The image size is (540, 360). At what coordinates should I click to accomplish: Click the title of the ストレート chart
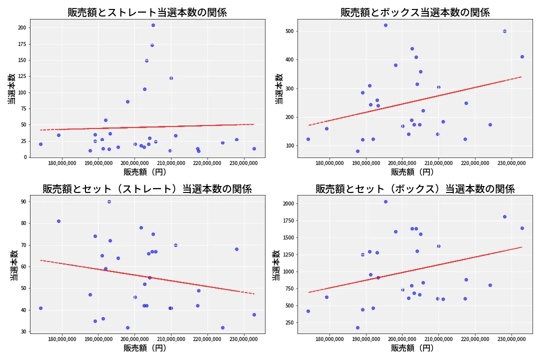[147, 12]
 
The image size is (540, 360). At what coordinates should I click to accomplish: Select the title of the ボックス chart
[415, 12]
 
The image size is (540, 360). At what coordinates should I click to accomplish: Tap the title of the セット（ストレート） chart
[147, 189]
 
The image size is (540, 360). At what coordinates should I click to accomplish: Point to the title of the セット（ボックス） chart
[415, 189]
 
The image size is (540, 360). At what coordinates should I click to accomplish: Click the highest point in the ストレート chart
[153, 25]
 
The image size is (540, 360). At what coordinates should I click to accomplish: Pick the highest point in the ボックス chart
[385, 25]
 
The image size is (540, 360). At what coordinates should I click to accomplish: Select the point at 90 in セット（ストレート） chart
[109, 201]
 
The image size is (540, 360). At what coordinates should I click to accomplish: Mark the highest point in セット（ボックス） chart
[385, 201]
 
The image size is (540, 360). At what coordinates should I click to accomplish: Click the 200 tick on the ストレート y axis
[21, 28]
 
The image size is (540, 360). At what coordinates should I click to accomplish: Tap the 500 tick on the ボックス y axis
[289, 31]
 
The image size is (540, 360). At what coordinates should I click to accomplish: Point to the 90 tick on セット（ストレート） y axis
[23, 201]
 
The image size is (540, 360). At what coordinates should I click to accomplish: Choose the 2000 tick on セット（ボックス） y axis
[287, 204]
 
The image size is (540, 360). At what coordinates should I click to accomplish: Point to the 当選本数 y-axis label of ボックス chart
[279, 88]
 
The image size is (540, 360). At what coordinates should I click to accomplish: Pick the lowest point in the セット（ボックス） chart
[357, 327]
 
